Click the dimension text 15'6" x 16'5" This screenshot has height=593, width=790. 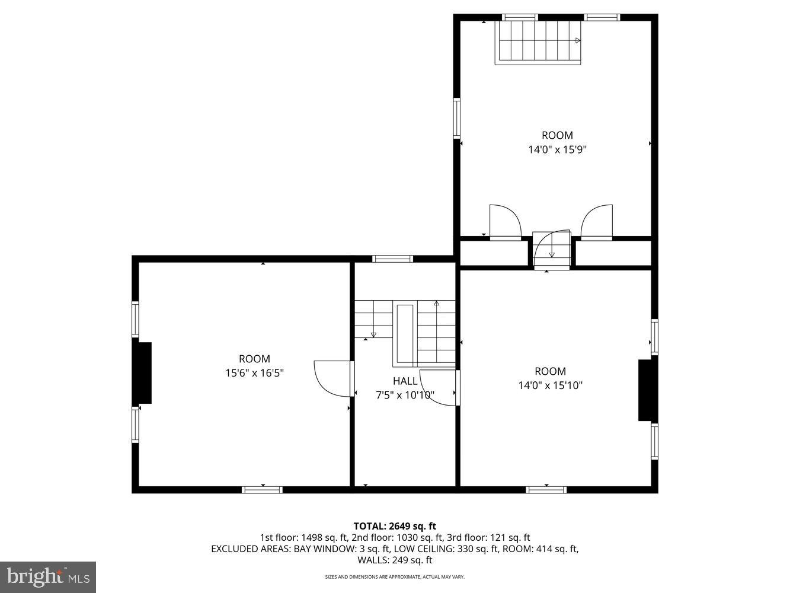point(254,373)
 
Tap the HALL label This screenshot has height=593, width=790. point(405,381)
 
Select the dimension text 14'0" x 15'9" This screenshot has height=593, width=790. point(557,149)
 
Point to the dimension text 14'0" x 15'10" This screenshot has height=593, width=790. point(550,385)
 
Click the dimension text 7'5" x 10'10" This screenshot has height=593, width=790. point(405,395)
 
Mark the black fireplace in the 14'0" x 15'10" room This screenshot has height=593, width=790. point(645,390)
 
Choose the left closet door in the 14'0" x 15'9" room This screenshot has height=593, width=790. point(505,222)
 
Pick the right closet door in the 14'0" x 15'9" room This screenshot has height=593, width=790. point(596,222)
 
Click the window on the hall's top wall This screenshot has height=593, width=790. point(392,259)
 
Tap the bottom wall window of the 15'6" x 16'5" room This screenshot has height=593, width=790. point(262,489)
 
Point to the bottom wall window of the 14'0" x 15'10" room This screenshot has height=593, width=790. point(546,489)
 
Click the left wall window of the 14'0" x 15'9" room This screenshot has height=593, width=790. point(457,117)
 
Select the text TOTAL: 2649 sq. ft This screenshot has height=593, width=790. point(395,526)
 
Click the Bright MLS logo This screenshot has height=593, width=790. point(48,576)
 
